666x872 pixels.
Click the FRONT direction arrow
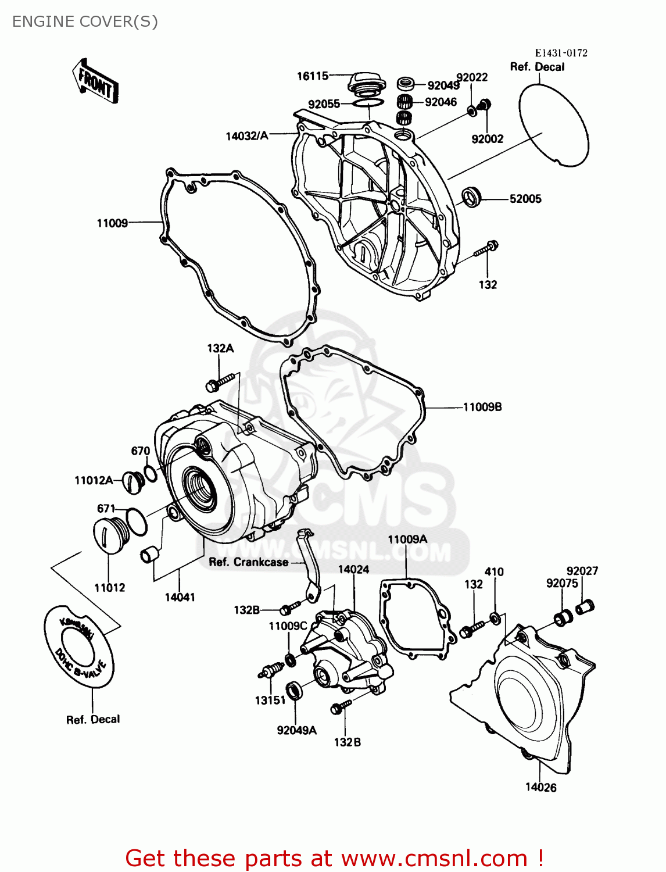coord(95,81)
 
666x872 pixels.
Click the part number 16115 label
coord(313,76)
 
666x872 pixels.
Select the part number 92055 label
coord(324,104)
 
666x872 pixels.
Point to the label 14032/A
coord(247,136)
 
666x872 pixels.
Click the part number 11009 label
coord(112,223)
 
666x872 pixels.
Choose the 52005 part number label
coord(525,199)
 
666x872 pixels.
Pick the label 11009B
coord(482,407)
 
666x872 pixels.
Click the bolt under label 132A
coord(221,381)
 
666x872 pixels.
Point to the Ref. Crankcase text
coord(248,562)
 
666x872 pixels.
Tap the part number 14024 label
coord(353,570)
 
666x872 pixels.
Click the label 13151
coord(270,701)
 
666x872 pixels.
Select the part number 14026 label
coord(540,788)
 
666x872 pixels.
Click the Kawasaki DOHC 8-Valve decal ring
coord(80,646)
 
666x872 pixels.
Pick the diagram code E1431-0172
coord(561,53)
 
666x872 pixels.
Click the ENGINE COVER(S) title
coord(85,22)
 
